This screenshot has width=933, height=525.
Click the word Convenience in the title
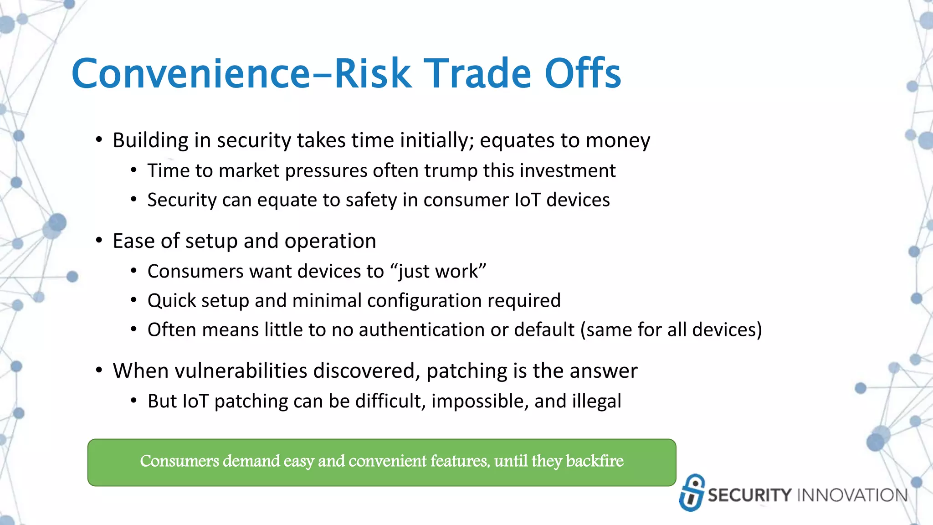(x=190, y=74)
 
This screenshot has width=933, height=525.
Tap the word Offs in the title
(x=583, y=74)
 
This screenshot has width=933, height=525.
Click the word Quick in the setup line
(x=171, y=301)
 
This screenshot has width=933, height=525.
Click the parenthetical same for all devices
(x=671, y=330)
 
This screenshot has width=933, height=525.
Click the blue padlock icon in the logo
(x=692, y=493)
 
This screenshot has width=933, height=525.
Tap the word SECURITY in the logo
(x=749, y=495)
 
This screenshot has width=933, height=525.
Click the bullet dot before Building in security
(x=99, y=140)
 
